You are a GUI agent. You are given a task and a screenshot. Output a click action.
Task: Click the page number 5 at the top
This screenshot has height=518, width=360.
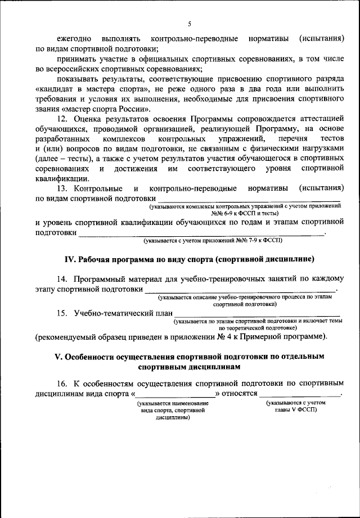[190, 24]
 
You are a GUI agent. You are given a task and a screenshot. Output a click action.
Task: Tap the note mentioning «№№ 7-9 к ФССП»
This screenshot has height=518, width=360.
[212, 240]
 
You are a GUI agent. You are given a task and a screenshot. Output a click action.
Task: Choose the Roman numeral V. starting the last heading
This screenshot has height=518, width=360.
[57, 357]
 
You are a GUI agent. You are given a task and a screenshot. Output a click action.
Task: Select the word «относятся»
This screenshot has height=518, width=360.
[239, 394]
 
